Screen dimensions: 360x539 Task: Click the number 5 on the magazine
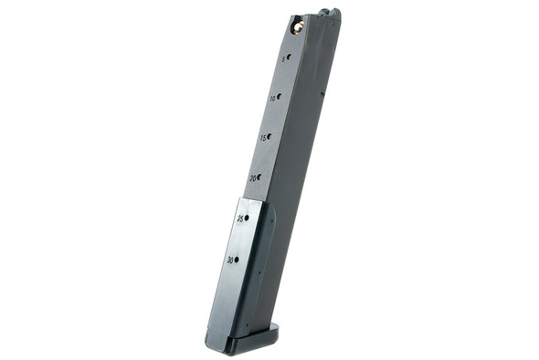point(282,58)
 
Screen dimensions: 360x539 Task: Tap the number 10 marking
point(271,97)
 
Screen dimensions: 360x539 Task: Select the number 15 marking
point(262,138)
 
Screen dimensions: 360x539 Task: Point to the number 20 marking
point(252,178)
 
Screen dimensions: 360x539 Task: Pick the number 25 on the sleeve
point(240,219)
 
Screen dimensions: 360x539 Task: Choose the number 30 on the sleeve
point(230,260)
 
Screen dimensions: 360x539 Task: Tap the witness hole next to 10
point(279,95)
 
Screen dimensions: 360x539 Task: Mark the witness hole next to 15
point(269,136)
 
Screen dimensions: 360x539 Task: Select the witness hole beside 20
point(259,176)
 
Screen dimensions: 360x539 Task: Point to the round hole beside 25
point(247,217)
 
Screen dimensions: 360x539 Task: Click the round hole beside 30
point(237,259)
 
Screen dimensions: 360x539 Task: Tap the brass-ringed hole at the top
point(296,27)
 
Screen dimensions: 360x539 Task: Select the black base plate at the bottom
point(242,344)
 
